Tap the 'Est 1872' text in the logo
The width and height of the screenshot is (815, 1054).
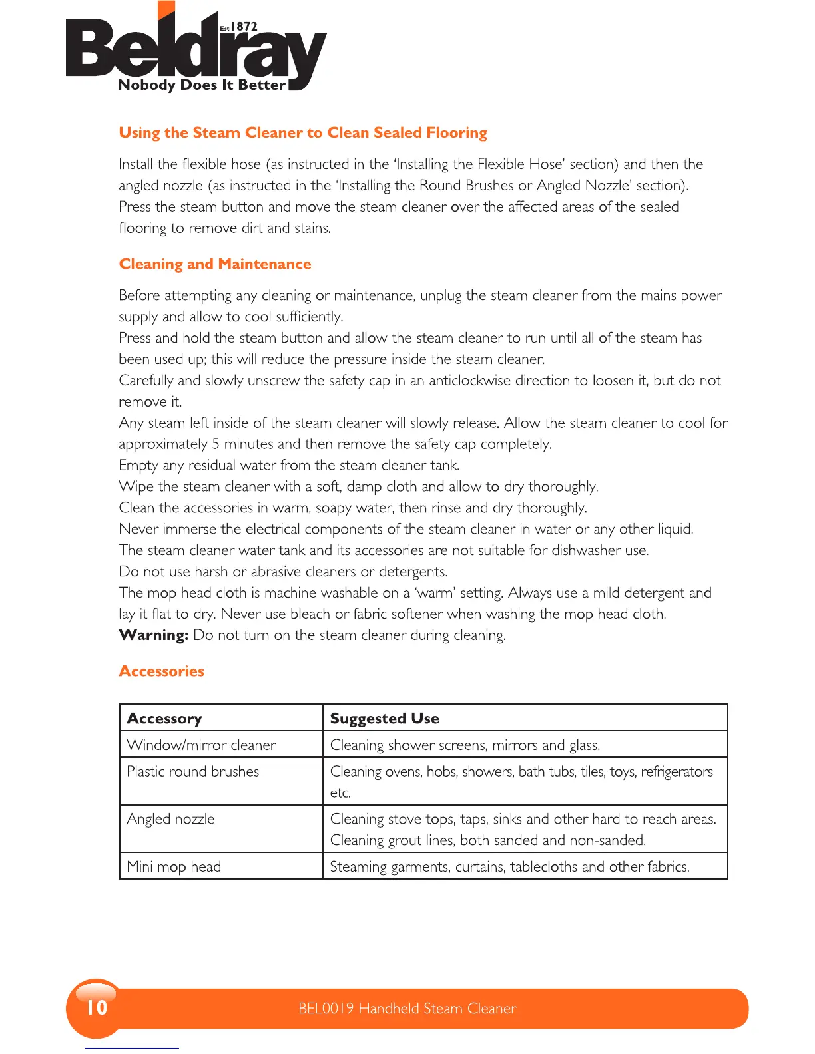pyautogui.click(x=239, y=27)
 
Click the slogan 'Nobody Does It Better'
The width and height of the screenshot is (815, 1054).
pyautogui.click(x=202, y=85)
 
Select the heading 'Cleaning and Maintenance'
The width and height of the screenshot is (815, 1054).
pyautogui.click(x=215, y=264)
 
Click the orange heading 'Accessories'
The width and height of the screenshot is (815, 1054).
pyautogui.click(x=162, y=671)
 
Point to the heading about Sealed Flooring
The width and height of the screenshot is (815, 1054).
pyautogui.click(x=303, y=133)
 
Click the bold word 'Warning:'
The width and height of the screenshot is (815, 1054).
pyautogui.click(x=154, y=635)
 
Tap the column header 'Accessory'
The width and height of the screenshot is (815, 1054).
pyautogui.click(x=164, y=719)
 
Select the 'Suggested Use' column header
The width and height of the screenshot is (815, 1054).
pyautogui.click(x=385, y=719)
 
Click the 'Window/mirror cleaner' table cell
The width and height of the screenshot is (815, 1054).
pyautogui.click(x=201, y=745)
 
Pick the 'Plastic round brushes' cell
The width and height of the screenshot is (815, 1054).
pyautogui.click(x=193, y=772)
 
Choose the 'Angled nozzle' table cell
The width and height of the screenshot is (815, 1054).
pyautogui.click(x=171, y=819)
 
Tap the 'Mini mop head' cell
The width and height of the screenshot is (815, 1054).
pyautogui.click(x=174, y=867)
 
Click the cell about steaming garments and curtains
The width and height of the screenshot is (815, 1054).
pyautogui.click(x=510, y=867)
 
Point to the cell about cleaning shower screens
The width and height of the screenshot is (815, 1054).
pyautogui.click(x=465, y=745)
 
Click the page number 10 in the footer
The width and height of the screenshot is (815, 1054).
pyautogui.click(x=97, y=1008)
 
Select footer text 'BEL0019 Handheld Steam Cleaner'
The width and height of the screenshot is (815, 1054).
pyautogui.click(x=407, y=1009)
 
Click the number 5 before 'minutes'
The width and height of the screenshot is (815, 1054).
pyautogui.click(x=216, y=444)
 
